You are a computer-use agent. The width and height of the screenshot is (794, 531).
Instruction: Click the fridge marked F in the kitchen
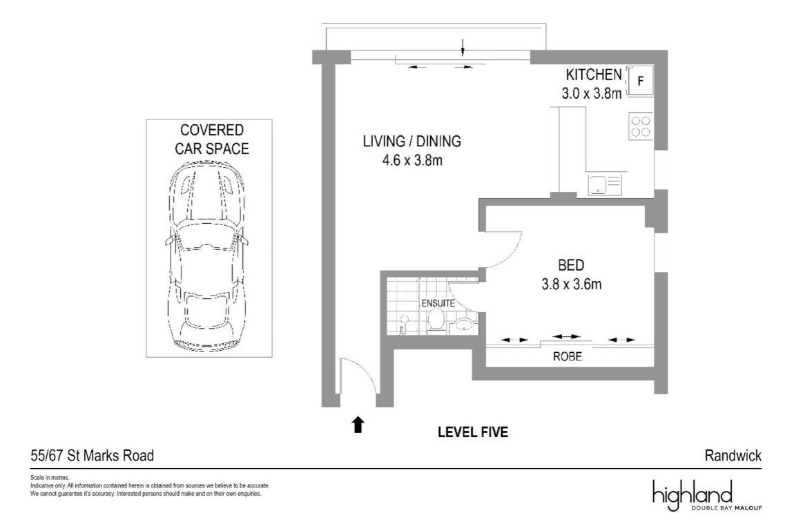(x=640, y=81)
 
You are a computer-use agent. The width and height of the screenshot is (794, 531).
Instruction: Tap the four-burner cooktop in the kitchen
(x=641, y=126)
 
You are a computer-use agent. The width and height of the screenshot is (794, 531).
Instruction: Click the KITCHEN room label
(x=594, y=75)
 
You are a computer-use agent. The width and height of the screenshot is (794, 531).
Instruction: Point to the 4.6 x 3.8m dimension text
(x=412, y=160)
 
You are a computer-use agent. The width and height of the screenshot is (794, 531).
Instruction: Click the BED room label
(x=571, y=265)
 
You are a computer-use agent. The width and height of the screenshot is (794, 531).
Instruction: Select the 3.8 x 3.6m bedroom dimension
(x=572, y=284)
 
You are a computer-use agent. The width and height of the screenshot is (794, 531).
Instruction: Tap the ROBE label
(x=567, y=356)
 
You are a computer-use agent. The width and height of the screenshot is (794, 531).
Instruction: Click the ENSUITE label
(x=438, y=303)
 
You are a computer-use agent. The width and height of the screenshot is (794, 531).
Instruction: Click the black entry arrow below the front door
(x=358, y=424)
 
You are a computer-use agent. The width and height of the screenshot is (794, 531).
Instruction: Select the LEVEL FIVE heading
(x=473, y=432)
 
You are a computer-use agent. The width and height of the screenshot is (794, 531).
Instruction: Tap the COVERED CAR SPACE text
(x=212, y=139)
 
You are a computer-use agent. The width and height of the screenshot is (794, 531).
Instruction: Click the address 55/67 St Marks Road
(x=92, y=456)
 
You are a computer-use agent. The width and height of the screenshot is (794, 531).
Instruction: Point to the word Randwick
(x=733, y=456)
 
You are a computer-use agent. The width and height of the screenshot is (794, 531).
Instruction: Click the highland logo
(x=707, y=495)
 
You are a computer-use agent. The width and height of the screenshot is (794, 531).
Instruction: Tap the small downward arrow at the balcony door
(x=463, y=47)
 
